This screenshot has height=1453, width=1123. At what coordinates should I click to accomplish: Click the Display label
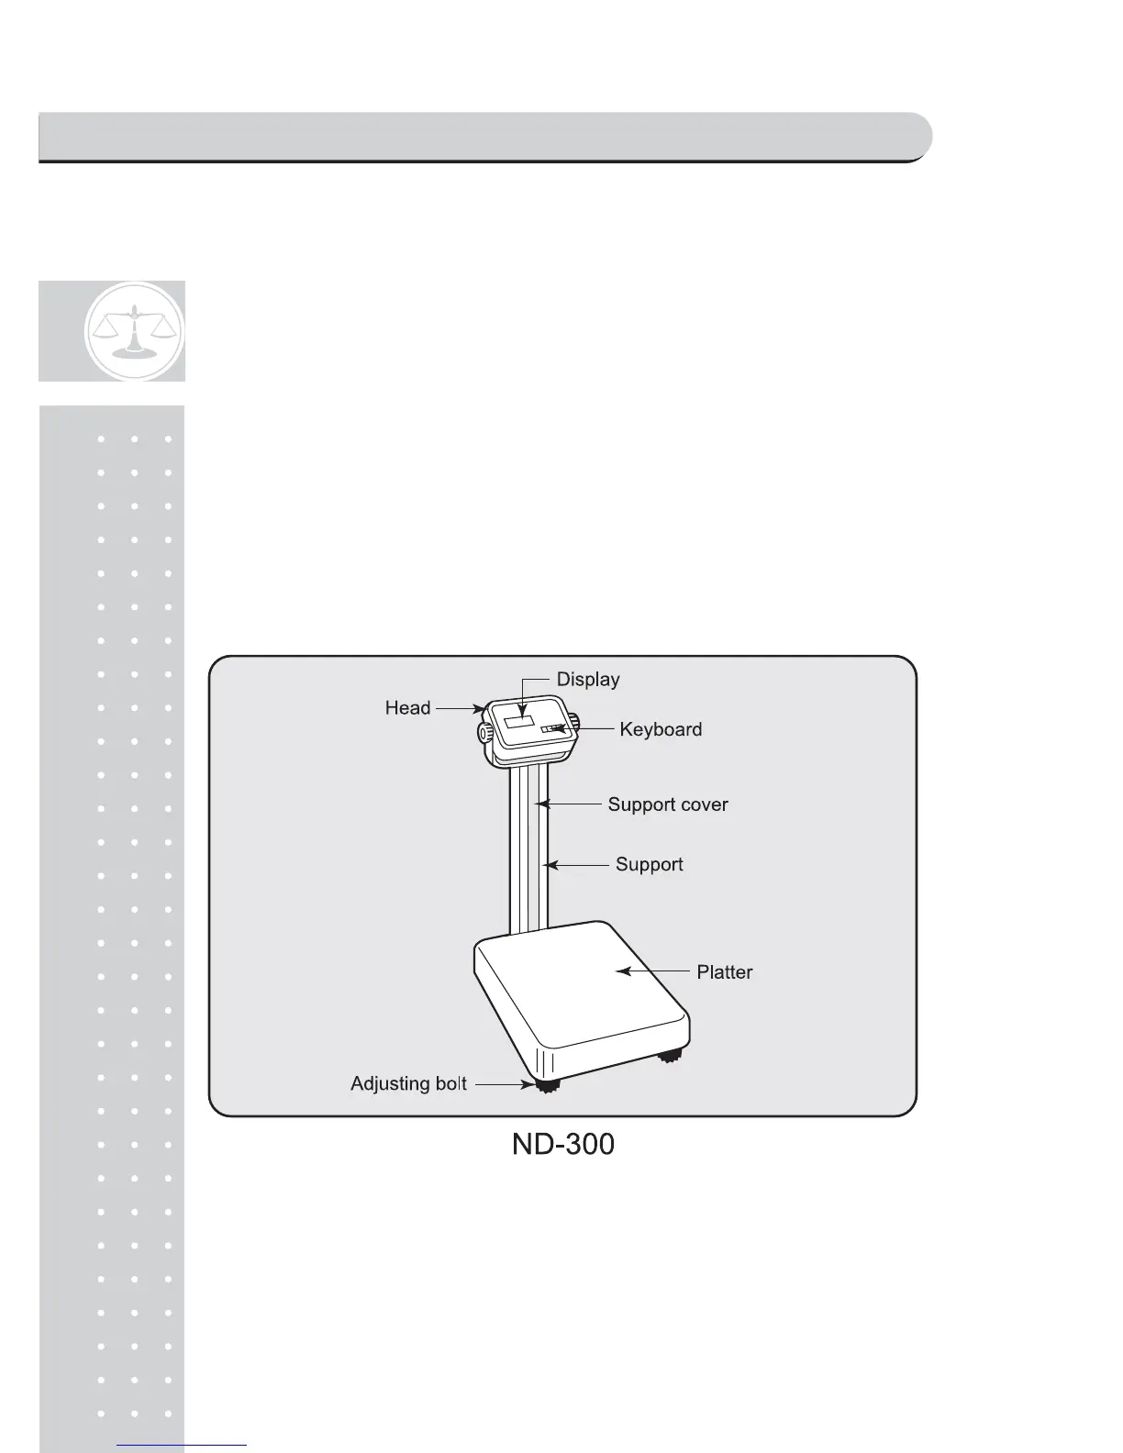tap(588, 680)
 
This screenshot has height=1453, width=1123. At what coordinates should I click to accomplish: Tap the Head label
tap(407, 708)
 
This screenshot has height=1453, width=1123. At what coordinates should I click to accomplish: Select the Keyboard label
tap(661, 729)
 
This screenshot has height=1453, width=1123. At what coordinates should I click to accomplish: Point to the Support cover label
tap(667, 804)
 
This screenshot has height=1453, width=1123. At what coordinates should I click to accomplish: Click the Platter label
tap(724, 972)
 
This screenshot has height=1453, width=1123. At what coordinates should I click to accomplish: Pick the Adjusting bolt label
tap(408, 1084)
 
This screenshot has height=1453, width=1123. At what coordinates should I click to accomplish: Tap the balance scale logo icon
tap(134, 331)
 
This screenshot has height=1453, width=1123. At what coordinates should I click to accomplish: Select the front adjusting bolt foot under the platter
tap(549, 1085)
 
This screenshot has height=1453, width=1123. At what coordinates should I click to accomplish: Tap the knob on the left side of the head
tap(483, 732)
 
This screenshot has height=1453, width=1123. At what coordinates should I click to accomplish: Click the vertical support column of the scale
tap(528, 853)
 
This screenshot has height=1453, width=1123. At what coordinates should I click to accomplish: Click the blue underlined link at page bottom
tap(182, 1445)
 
